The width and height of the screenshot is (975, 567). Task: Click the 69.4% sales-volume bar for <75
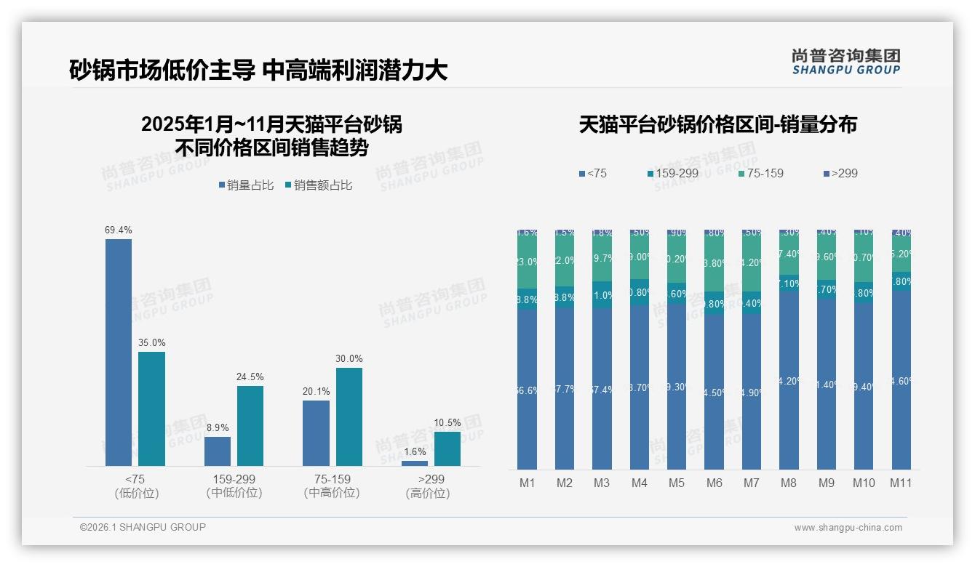click(x=119, y=353)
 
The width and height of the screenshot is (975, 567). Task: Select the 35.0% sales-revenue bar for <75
click(x=152, y=409)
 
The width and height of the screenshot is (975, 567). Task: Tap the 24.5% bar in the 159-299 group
click(x=250, y=426)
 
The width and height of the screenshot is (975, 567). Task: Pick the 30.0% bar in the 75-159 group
click(x=349, y=417)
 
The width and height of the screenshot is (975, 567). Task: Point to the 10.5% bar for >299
click(x=447, y=449)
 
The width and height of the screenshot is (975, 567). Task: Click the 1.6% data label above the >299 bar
click(x=415, y=452)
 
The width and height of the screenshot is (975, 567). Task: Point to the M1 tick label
click(x=527, y=483)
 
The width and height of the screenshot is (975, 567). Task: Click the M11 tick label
click(x=901, y=483)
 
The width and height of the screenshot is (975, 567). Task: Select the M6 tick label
click(x=714, y=483)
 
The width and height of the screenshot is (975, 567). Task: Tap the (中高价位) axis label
click(x=332, y=494)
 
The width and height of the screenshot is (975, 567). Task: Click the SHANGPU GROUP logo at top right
click(x=845, y=62)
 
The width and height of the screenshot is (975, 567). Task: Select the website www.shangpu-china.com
click(x=848, y=528)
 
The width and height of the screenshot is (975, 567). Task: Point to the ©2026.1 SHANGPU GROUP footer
click(x=143, y=527)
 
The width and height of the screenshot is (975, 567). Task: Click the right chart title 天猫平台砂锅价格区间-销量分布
click(x=717, y=124)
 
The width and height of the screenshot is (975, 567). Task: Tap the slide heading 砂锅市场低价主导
click(x=162, y=70)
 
